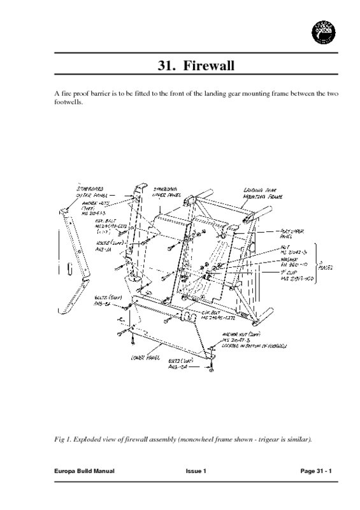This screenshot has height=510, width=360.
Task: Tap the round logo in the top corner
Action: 324,30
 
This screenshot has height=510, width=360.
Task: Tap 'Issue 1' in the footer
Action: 196,470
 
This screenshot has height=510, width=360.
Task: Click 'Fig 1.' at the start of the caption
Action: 64,440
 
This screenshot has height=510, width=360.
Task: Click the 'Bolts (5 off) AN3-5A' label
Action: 105,301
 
